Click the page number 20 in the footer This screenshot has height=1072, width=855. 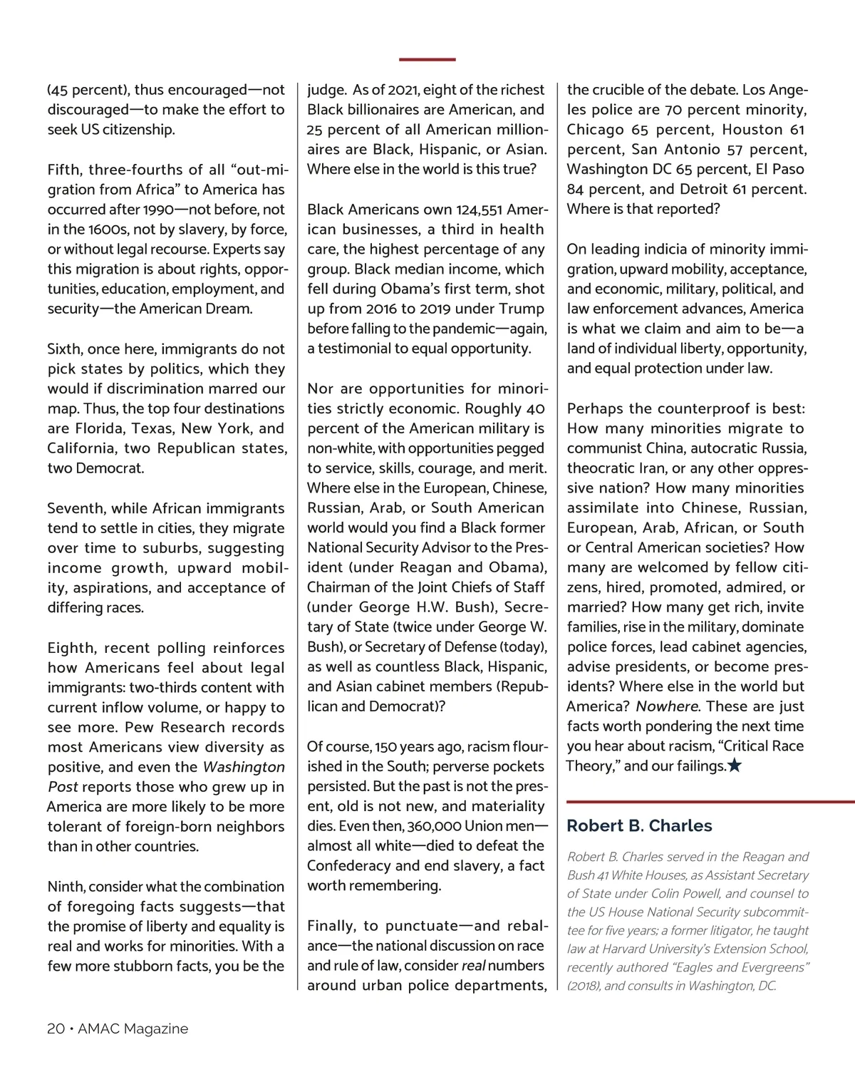[x=56, y=1029]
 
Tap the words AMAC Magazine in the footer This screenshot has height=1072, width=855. [x=133, y=1029]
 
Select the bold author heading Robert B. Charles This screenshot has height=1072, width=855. [x=639, y=825]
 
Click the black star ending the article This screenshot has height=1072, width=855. [x=735, y=766]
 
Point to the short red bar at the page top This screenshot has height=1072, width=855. [x=427, y=59]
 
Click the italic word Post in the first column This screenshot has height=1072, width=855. [x=62, y=787]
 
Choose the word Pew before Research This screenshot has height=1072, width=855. [x=140, y=728]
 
